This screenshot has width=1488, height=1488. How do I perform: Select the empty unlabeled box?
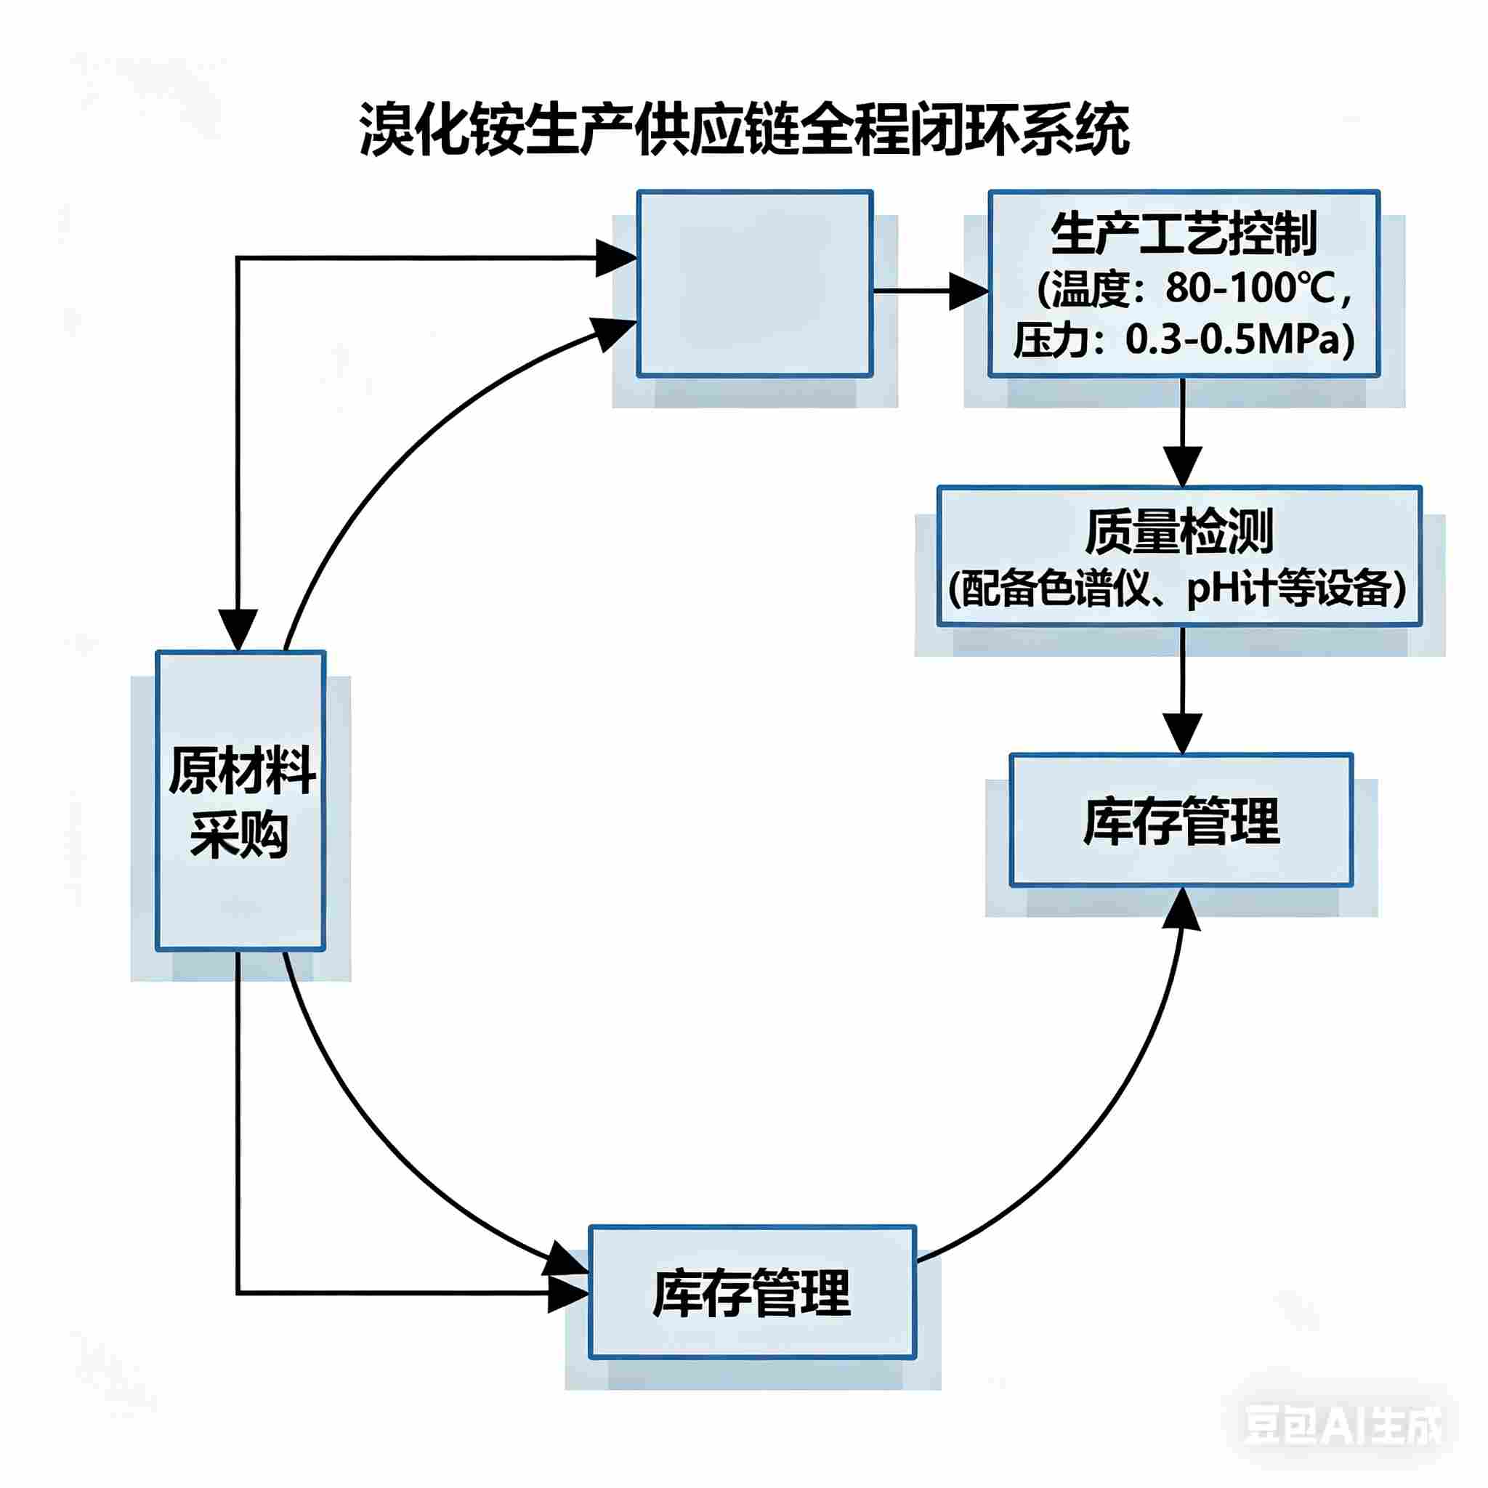(x=754, y=283)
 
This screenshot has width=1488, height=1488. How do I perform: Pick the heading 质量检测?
(x=1178, y=530)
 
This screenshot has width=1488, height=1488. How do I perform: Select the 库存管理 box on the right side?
(x=1181, y=821)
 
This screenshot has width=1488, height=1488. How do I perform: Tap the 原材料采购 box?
(x=240, y=801)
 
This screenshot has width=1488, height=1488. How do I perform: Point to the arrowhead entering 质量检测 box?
(x=1182, y=466)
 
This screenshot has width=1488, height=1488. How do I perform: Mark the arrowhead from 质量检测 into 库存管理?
(x=1181, y=735)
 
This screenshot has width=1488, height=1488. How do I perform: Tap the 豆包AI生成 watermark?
(x=1342, y=1426)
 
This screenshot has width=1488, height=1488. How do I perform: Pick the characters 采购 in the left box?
(x=240, y=835)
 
